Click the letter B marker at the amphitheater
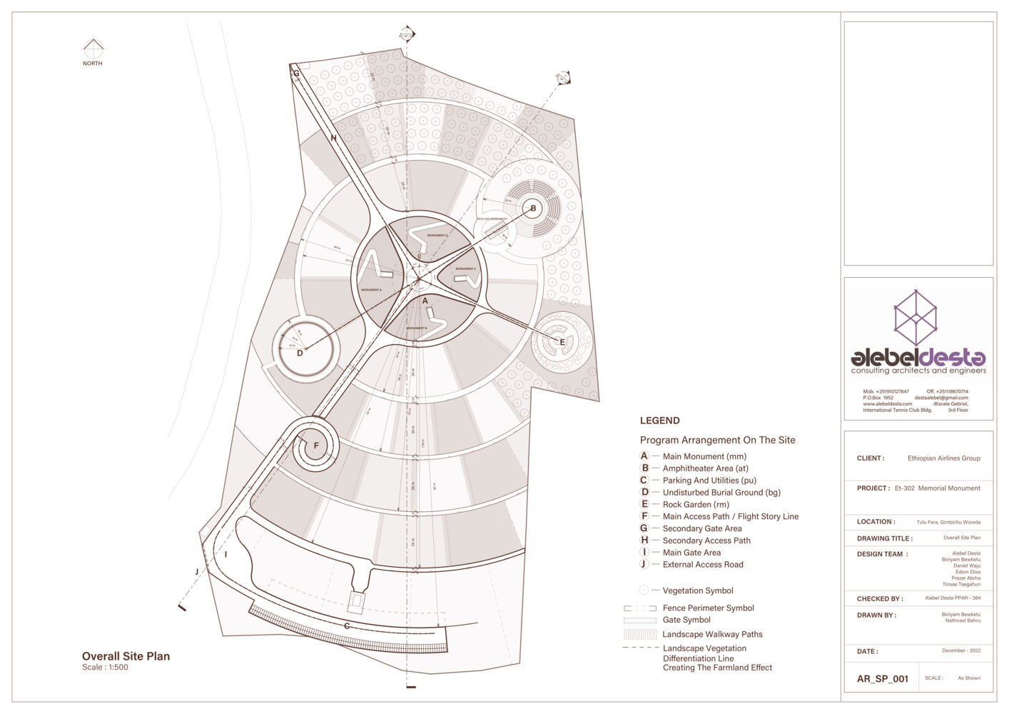532,208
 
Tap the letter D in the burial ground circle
300,353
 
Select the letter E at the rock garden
562,342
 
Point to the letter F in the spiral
316,446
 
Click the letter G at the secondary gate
296,73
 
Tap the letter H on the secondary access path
333,138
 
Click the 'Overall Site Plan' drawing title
126,656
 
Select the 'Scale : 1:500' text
105,668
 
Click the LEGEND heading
659,421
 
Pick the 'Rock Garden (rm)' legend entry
695,504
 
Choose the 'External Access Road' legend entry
702,564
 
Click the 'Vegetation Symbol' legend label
697,590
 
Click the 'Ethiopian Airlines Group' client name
943,458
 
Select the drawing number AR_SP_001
882,678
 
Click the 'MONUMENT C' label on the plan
465,269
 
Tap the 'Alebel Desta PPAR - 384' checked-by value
952,598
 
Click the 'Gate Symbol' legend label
686,620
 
